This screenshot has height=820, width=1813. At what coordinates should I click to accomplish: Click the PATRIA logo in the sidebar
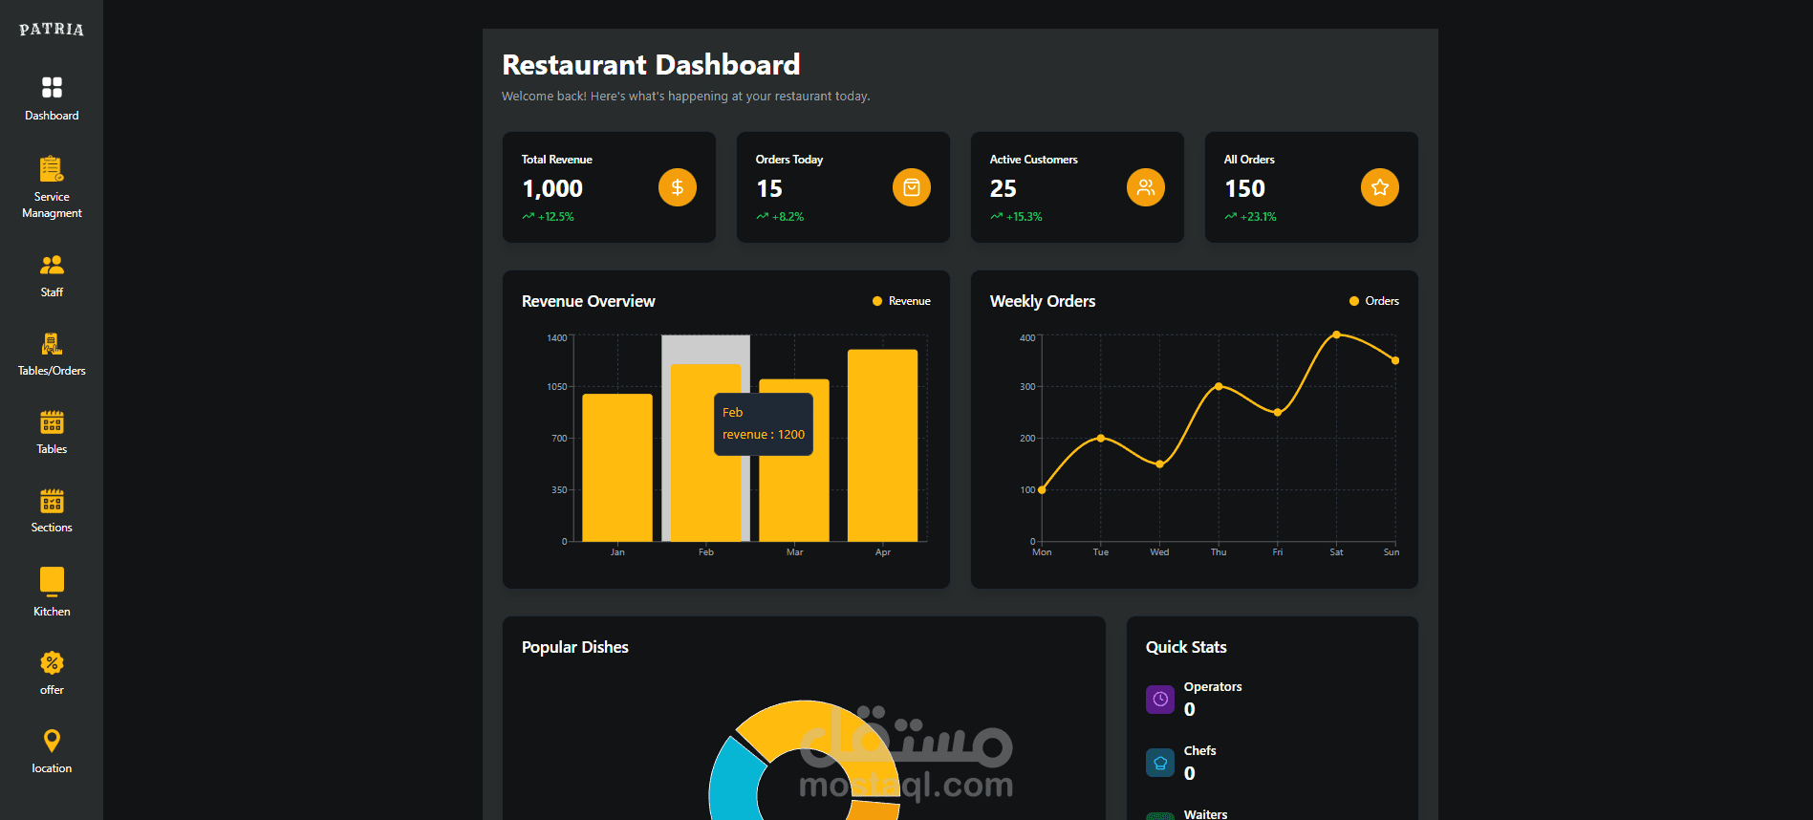[52, 30]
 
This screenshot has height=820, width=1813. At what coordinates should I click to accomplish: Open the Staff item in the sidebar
[52, 275]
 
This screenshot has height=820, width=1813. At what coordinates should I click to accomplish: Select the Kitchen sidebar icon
[52, 581]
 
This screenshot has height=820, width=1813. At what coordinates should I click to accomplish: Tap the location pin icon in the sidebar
[52, 741]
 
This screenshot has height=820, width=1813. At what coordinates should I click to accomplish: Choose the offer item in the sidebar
[52, 673]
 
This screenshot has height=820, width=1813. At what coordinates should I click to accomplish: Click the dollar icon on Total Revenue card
[677, 187]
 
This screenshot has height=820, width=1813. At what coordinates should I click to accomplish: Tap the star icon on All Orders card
[1379, 187]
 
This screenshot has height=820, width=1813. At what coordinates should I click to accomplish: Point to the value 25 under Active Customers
[1004, 189]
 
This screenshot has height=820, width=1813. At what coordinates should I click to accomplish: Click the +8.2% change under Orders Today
[788, 217]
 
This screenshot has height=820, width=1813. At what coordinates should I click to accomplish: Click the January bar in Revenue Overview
[617, 467]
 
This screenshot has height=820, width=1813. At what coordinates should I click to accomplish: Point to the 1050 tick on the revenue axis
[556, 387]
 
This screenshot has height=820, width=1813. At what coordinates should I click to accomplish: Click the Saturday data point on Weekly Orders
[1336, 334]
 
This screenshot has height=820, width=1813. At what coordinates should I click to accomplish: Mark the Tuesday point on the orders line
[1101, 438]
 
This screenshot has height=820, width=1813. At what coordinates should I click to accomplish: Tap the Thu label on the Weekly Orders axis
[1219, 552]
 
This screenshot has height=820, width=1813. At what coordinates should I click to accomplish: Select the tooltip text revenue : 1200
[763, 435]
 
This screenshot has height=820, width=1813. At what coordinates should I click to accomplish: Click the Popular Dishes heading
[574, 647]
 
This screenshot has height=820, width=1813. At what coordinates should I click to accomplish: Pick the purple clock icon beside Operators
[1159, 700]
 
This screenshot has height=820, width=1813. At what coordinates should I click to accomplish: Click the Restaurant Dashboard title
[651, 65]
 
